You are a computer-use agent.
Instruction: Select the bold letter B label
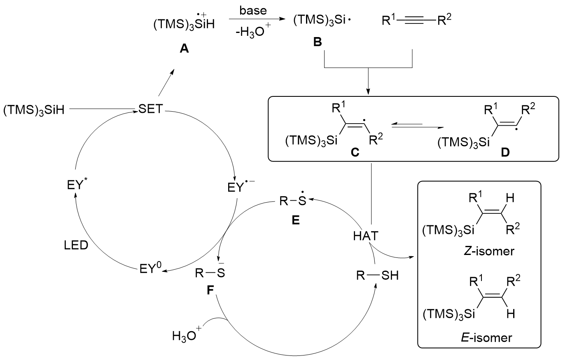[318, 42]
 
